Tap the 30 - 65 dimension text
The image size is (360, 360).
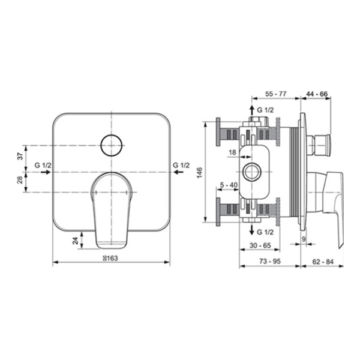coord(260,245)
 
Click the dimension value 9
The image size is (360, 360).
coord(304,239)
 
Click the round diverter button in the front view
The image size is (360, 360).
coord(111,145)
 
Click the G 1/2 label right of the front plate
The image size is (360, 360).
coord(181,164)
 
